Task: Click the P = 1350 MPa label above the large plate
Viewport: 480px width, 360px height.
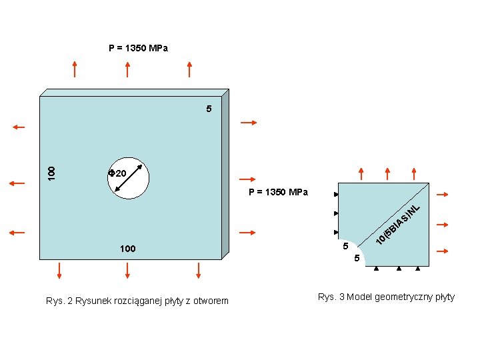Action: [x=138, y=48]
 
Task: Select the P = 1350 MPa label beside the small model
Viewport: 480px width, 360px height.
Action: [x=278, y=192]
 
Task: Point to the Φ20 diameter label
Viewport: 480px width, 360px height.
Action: [x=118, y=173]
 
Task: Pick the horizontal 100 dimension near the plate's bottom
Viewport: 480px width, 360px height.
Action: [x=127, y=249]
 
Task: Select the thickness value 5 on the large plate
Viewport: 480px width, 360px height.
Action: [x=209, y=108]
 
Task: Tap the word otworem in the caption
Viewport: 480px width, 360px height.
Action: [x=209, y=301]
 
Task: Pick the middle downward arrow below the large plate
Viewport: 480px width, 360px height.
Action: [x=127, y=270]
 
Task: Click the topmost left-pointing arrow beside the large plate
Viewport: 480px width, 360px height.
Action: [x=17, y=125]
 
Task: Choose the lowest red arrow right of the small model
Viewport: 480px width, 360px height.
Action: [x=442, y=251]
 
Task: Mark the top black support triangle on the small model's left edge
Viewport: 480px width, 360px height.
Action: [x=336, y=194]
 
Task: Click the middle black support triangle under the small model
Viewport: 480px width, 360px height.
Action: [x=399, y=269]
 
